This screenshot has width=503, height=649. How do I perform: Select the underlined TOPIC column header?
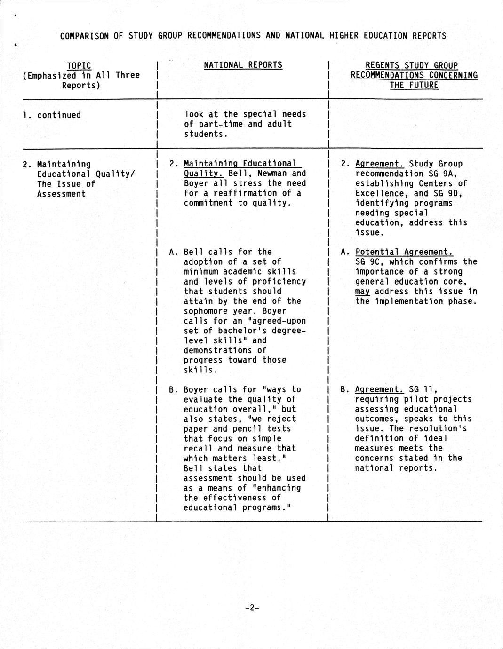coord(79,65)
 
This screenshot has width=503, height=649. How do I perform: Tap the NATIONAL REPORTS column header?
coord(243,65)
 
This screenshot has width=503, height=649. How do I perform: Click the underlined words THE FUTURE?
coord(414,85)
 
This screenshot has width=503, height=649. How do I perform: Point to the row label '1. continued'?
coord(52,115)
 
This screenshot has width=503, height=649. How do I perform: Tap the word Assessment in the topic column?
coord(61,194)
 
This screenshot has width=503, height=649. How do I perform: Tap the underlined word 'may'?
coord(362,292)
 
